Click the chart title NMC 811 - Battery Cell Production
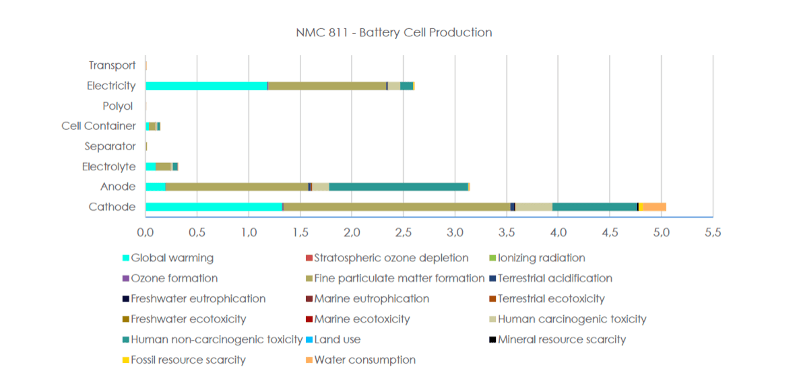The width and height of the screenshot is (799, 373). pos(394,32)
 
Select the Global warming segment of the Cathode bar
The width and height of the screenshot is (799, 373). pos(214,207)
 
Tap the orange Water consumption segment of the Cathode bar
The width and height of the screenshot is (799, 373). pos(654,207)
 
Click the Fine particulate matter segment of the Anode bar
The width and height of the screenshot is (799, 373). pos(236,186)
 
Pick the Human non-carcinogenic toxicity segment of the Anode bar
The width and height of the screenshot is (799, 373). pos(398,186)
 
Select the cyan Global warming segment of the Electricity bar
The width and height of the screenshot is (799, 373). pos(206,86)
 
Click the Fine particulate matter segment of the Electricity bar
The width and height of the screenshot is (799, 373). pos(327,86)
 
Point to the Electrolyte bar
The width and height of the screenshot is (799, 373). pos(162,166)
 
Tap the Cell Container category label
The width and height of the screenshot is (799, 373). pos(98,126)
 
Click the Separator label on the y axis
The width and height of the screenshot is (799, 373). pos(110,146)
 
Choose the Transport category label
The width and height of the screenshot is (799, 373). pos(112,65)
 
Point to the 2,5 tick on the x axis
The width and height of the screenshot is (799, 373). pos(404,232)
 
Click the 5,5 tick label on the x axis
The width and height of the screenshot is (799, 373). pos(713,232)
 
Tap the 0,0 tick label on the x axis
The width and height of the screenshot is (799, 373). pos(146,232)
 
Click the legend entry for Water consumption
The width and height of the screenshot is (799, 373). pos(364,360)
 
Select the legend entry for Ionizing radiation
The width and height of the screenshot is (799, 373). pos(541,258)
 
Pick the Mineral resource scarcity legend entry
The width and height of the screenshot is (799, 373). pos(561,339)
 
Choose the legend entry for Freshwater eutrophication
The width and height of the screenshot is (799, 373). pos(197,298)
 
